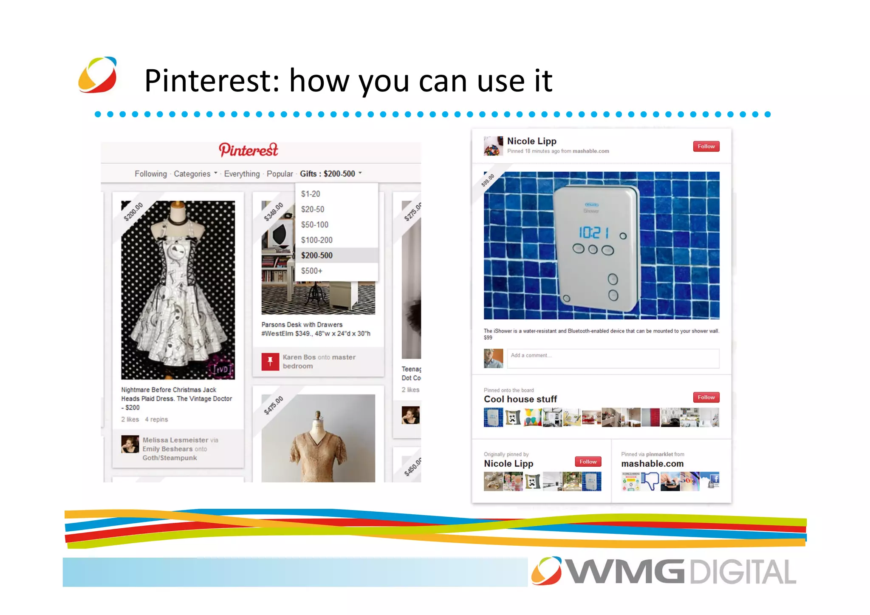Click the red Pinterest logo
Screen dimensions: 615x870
coord(249,150)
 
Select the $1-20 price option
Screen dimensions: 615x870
coord(311,194)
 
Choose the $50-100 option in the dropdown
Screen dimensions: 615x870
coord(314,224)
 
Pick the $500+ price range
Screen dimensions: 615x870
coord(311,271)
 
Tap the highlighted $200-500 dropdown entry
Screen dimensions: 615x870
coord(317,255)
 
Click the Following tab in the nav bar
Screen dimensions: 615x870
coord(151,174)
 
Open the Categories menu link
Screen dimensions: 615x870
coord(192,174)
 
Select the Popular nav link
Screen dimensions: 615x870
coord(280,174)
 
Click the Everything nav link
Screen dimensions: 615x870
coord(242,174)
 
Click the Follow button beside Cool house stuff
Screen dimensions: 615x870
coord(706,397)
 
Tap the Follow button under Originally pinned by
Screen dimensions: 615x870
coord(588,462)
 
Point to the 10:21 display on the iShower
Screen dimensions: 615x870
coord(593,232)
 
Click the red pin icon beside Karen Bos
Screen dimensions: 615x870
coord(270,362)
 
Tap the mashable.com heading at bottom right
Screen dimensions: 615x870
coord(652,464)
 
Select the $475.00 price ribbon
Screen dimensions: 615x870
coord(274,405)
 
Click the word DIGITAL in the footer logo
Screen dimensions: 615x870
coord(743,572)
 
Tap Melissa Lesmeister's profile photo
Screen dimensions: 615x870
coord(130,444)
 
